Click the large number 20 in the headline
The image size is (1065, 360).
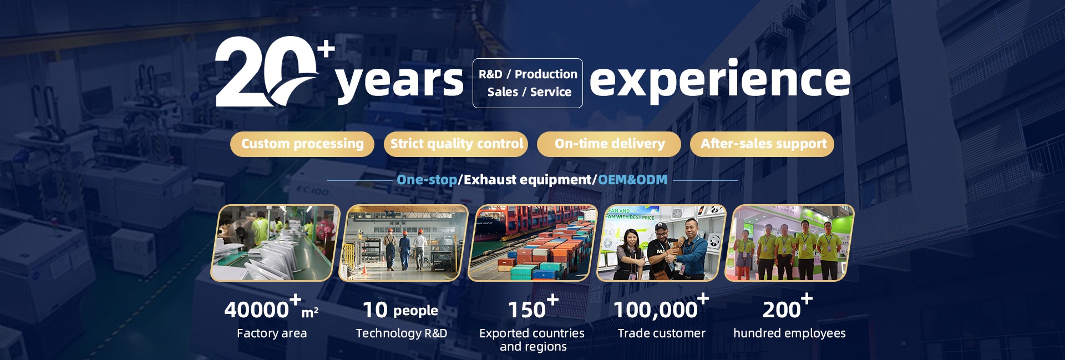[266, 72]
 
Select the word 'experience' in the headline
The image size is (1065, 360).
[720, 80]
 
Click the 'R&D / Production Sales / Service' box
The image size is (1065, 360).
[528, 83]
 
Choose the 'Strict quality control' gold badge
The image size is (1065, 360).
[456, 144]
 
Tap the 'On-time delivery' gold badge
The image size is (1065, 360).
[609, 144]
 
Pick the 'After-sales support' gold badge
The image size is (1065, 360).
[762, 144]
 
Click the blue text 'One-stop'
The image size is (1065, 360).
[427, 180]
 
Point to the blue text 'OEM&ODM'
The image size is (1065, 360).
[632, 180]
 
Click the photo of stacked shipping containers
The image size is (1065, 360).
[533, 243]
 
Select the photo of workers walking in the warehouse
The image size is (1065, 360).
[404, 243]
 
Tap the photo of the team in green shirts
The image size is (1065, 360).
[789, 243]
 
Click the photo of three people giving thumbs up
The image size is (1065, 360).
[661, 243]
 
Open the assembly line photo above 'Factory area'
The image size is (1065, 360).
[276, 243]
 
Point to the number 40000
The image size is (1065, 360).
[256, 310]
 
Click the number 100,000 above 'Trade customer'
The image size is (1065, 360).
[656, 310]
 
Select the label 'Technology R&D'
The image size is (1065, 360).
[402, 333]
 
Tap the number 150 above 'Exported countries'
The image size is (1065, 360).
[527, 310]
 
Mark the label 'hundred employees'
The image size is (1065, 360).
[789, 333]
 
